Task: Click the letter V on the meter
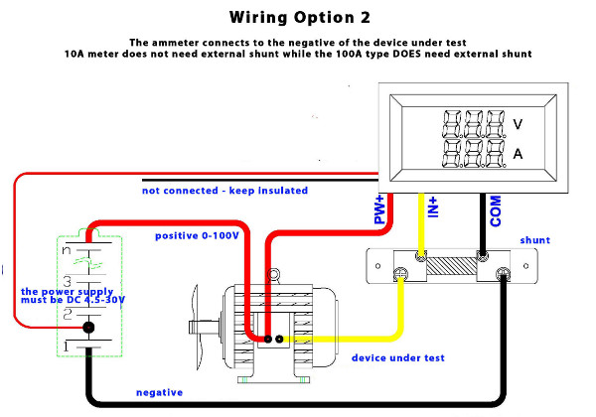coord(518,125)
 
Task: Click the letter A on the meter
coord(518,154)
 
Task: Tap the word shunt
coord(534,240)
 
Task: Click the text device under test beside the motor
coord(398,357)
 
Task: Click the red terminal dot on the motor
coord(265,340)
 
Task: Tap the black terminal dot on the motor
coord(280,340)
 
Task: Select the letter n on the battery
coord(68,251)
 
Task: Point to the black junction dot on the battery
coord(88,327)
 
